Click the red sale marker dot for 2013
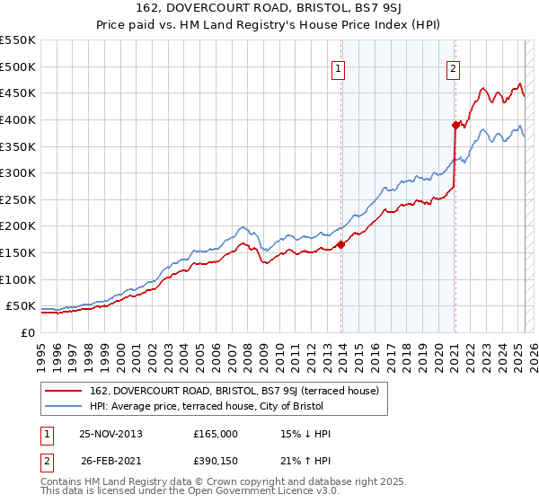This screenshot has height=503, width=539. click(341, 244)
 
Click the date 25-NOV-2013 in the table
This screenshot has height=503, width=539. click(110, 434)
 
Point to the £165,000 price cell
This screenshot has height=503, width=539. click(216, 434)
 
